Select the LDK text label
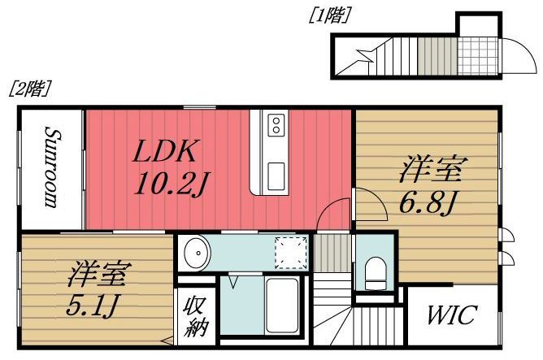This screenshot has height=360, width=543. [x=166, y=152]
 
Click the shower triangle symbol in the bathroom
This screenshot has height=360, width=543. [x=233, y=282]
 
